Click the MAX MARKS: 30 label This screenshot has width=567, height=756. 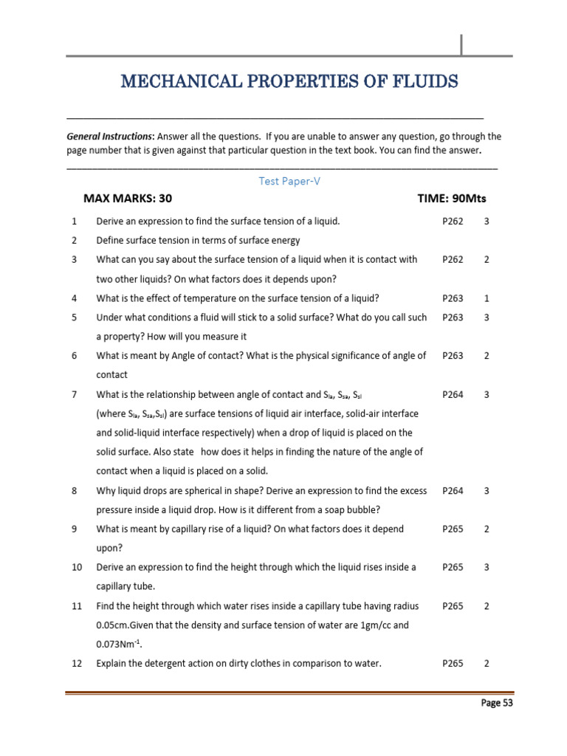128,199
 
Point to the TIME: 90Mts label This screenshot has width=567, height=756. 452,199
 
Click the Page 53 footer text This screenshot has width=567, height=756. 496,703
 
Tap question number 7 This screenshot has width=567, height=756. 74,394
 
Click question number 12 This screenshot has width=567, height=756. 77,663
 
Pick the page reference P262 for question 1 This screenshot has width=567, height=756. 453,221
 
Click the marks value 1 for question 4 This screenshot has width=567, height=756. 487,298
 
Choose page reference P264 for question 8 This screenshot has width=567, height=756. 453,490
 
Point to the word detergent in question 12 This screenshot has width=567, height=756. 171,663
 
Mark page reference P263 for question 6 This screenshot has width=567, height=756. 453,356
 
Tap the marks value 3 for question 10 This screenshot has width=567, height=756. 487,567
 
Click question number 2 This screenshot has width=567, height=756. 74,240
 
